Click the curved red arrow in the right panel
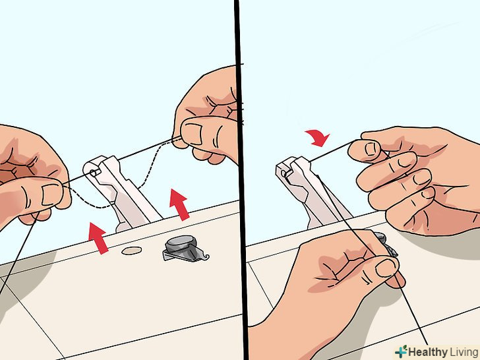(x=319, y=137)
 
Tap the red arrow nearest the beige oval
(x=98, y=238)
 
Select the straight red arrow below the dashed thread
(x=180, y=204)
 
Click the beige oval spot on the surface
(x=132, y=251)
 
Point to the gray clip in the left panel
(x=185, y=249)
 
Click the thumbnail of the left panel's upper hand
(x=192, y=133)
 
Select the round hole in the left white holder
(x=94, y=173)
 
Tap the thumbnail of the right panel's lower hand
(x=386, y=268)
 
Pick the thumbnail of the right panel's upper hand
(x=371, y=150)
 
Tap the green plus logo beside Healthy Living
(x=401, y=351)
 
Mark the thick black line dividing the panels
(x=241, y=180)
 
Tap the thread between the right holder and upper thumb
(x=333, y=151)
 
